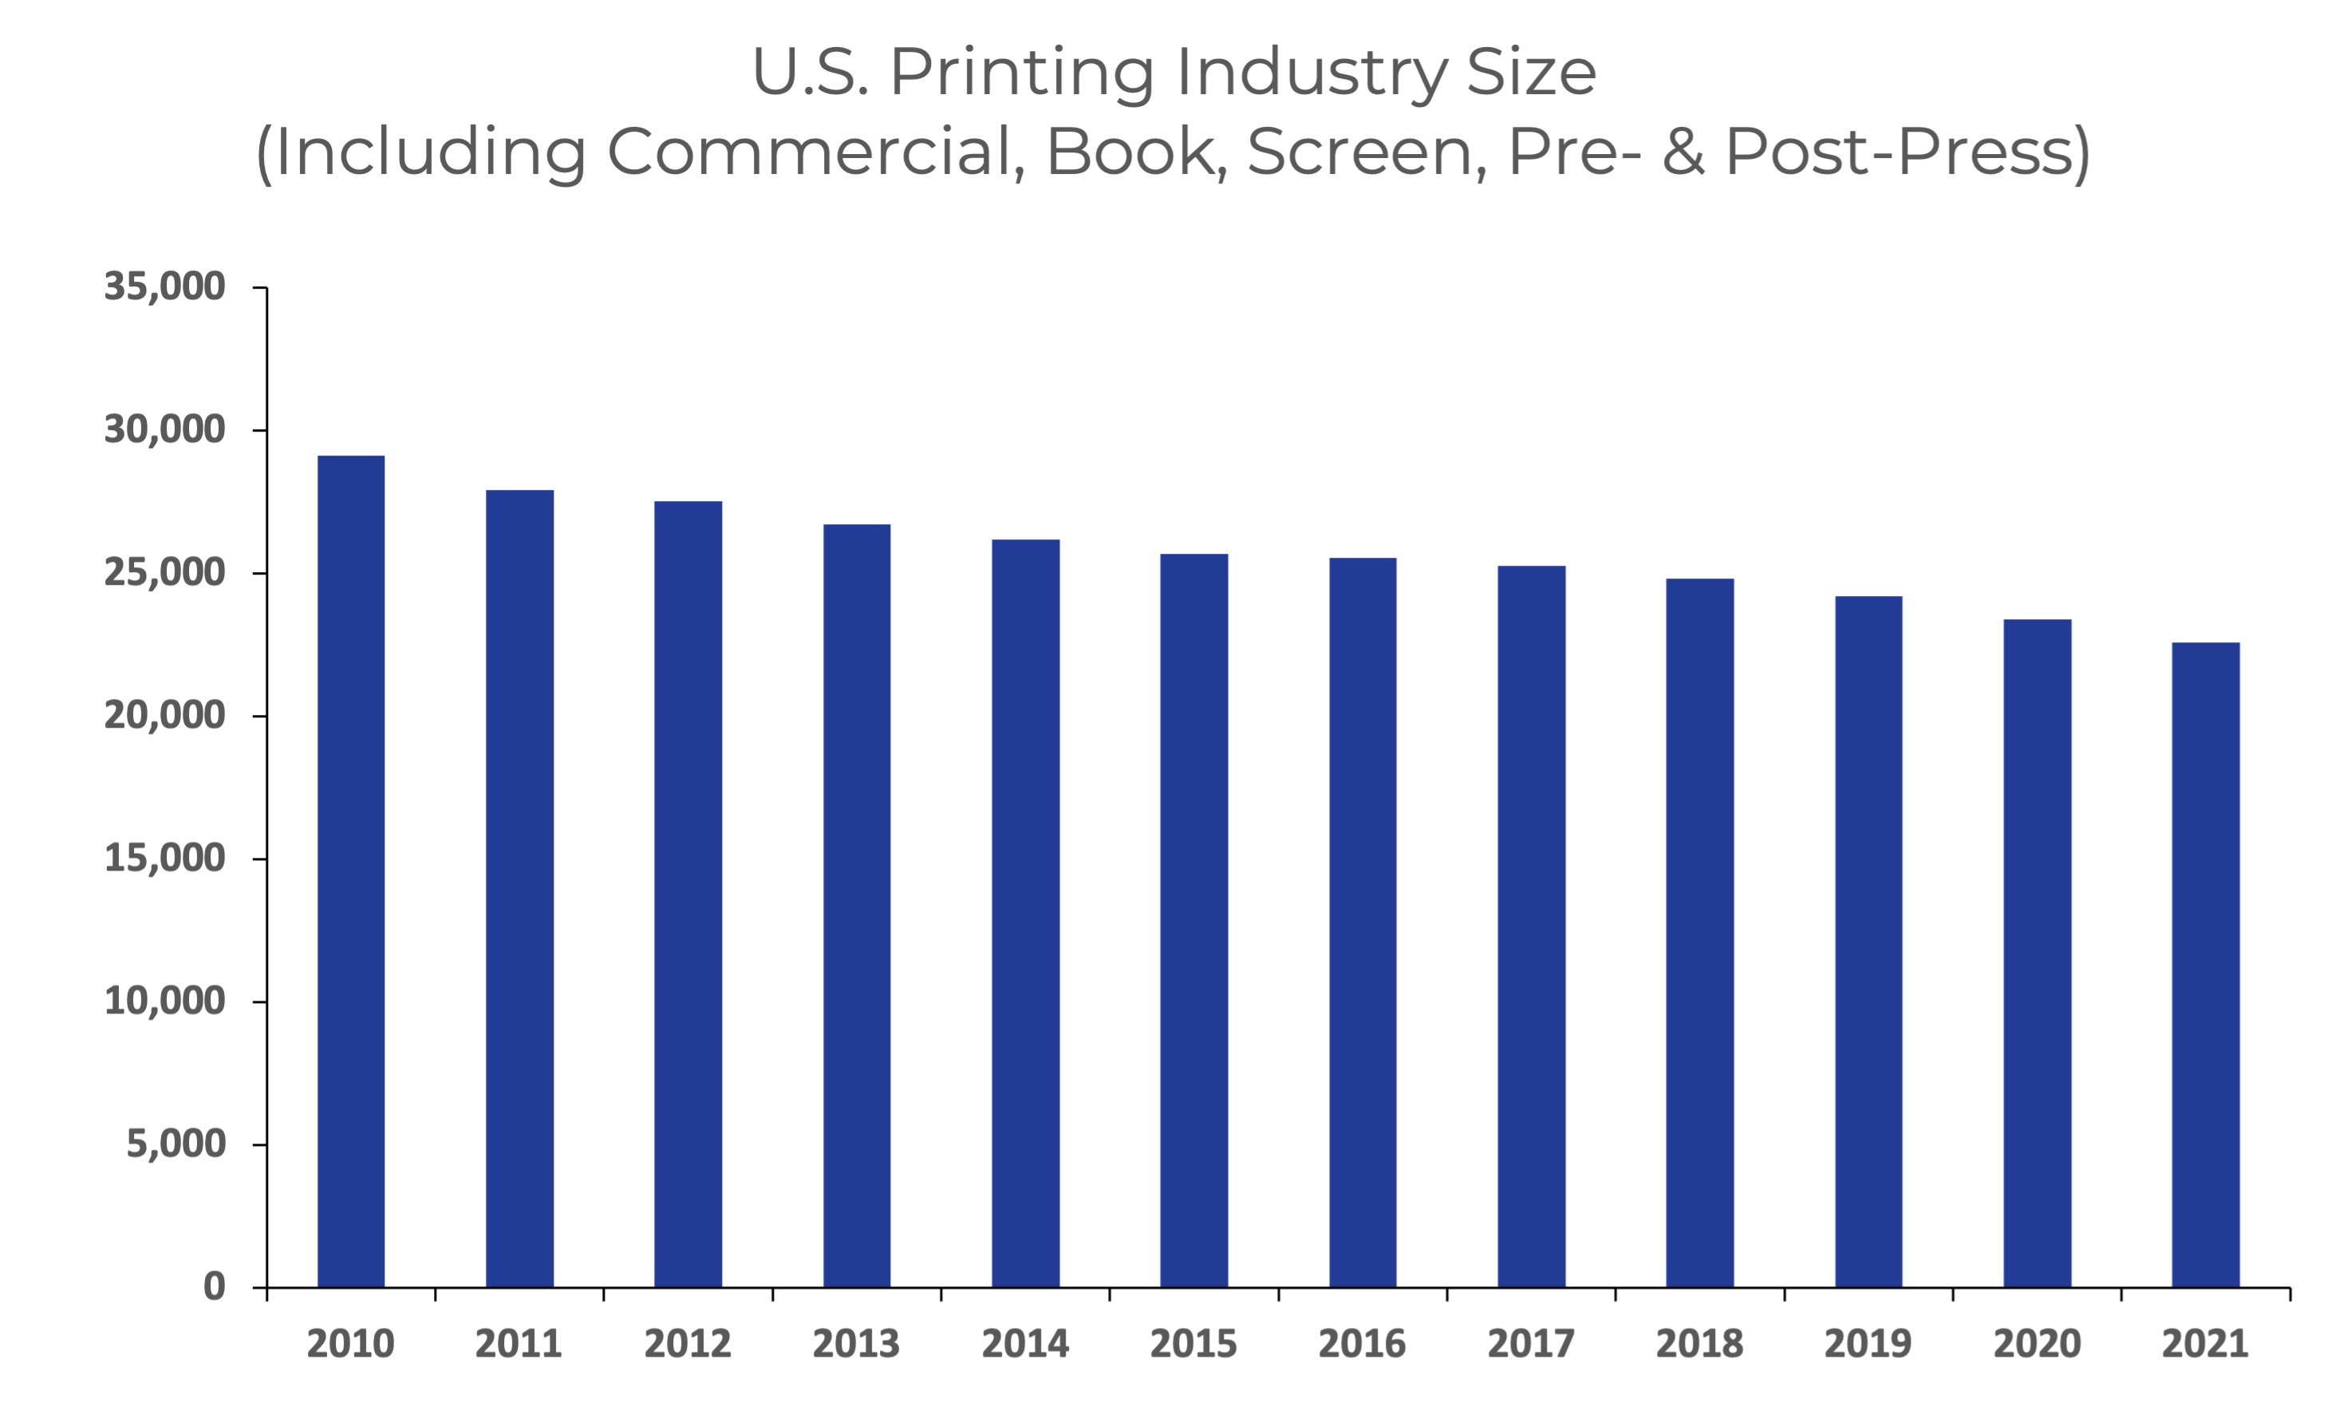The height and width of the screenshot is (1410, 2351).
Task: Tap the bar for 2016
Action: coord(1362,922)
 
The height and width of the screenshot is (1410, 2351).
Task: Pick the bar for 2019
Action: coord(1868,942)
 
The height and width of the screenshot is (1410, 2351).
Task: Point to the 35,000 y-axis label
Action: coord(164,287)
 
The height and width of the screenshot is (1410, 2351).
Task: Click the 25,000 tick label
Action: coord(164,573)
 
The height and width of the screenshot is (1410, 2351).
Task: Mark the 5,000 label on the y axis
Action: coord(176,1144)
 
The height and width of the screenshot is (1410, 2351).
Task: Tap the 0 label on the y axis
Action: coord(214,1286)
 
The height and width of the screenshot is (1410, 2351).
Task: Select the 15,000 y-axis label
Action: coord(164,859)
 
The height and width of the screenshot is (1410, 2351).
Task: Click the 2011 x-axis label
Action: coord(519,1344)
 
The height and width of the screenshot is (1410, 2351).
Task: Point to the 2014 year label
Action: coord(1025,1344)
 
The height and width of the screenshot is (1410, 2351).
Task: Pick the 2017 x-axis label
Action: coord(1530,1344)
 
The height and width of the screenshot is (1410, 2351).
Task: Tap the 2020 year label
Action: coord(2037,1344)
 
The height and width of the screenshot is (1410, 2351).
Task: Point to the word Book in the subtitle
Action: coord(1130,152)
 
